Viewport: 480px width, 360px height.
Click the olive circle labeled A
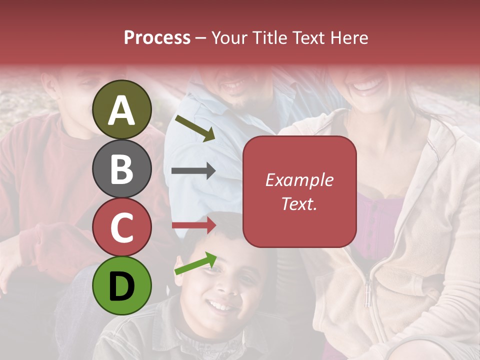121,109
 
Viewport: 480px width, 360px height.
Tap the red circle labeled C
121,227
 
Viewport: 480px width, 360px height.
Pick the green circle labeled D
121,285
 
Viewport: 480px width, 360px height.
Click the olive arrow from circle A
195,128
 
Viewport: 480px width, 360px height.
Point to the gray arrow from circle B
193,171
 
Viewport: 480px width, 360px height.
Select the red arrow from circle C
194,225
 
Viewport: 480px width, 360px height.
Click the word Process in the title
157,37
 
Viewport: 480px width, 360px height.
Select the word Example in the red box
299,180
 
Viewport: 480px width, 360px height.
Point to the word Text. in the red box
299,203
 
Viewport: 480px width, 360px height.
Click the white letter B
121,168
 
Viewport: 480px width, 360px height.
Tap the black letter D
121,286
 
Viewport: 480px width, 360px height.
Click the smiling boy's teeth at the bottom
219,304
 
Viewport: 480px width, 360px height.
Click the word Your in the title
229,37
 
